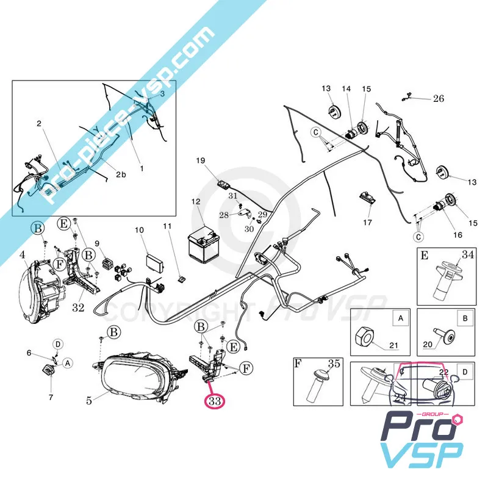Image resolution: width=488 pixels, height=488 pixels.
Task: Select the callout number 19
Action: [x=201, y=160]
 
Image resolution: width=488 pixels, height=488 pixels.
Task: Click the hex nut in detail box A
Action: [x=367, y=335]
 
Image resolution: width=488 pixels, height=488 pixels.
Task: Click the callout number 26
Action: [x=439, y=98]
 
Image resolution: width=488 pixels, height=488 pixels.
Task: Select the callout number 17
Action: [x=367, y=223]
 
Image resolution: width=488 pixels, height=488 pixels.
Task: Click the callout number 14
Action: [x=346, y=89]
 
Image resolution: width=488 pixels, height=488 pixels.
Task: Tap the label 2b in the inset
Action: [x=121, y=175]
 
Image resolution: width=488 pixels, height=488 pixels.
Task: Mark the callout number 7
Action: [x=51, y=397]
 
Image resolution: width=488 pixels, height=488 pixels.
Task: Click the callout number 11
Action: [x=167, y=226]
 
